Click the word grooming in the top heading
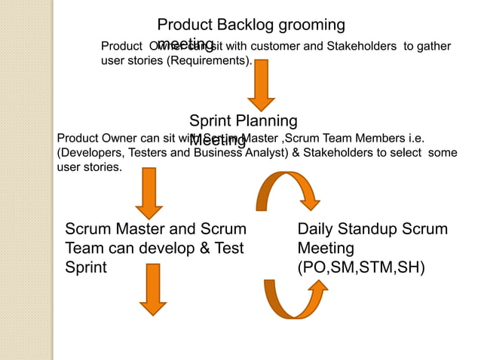[311, 26]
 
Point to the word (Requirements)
[209, 61]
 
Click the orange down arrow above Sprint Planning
[261, 84]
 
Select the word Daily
[316, 229]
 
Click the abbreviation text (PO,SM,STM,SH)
[361, 267]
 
